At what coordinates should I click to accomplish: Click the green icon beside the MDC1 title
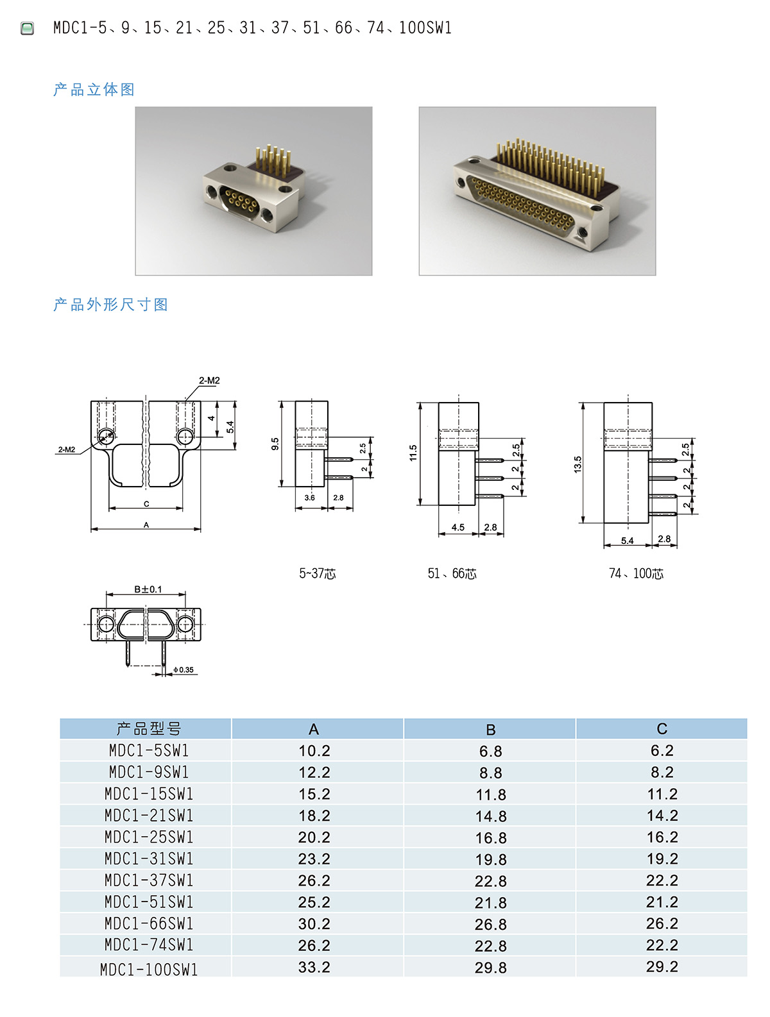[28, 28]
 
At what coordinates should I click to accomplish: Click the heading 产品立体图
[94, 89]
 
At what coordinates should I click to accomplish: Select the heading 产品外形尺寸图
[111, 305]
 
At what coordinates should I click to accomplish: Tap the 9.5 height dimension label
[275, 444]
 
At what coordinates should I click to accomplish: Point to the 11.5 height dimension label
[413, 453]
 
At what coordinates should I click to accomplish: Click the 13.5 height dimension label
[577, 464]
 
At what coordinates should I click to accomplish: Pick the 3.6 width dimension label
[310, 498]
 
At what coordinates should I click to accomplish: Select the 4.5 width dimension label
[458, 527]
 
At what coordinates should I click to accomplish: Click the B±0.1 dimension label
[148, 589]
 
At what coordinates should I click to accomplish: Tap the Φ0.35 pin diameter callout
[184, 669]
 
